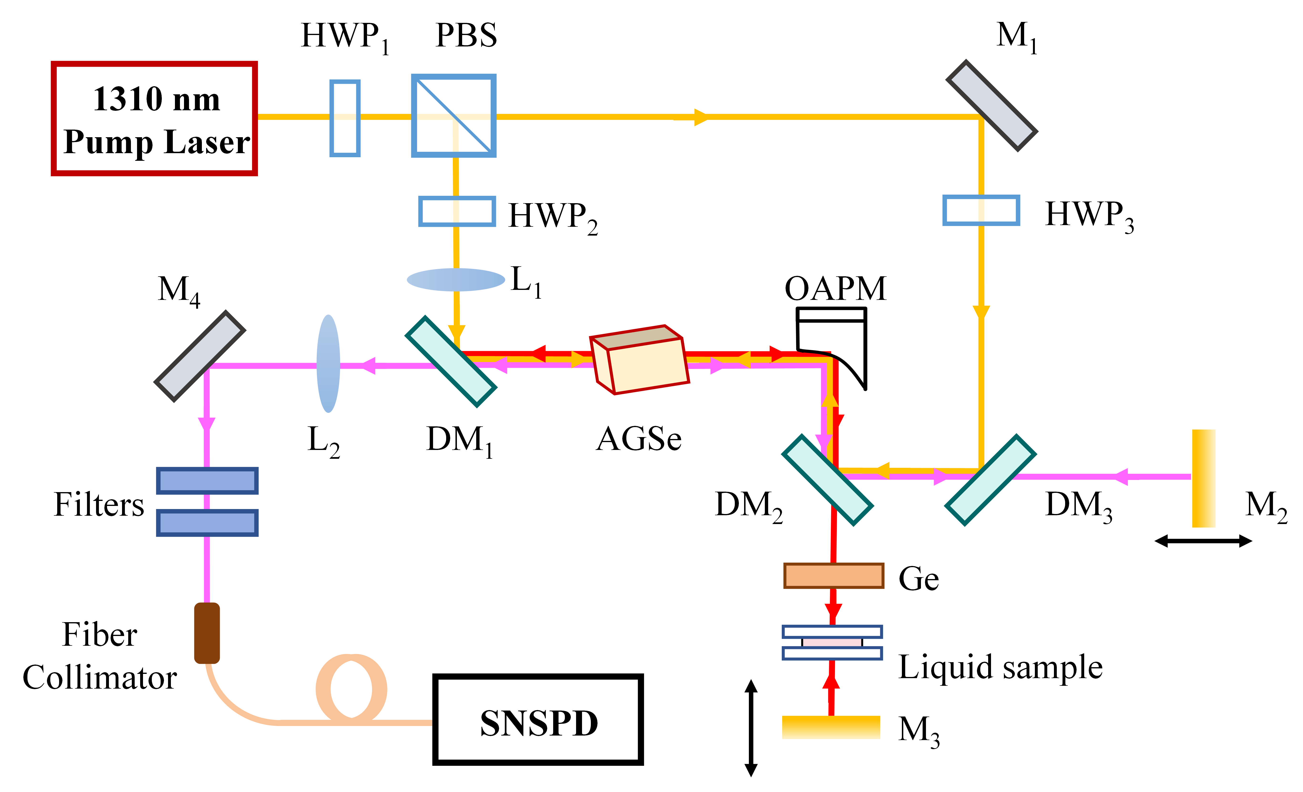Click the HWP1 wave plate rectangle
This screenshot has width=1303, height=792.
(345, 118)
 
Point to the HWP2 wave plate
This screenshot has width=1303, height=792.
(457, 211)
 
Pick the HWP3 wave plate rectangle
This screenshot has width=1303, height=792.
(981, 210)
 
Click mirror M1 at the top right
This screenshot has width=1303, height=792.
(991, 106)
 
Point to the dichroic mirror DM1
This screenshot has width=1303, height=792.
(450, 361)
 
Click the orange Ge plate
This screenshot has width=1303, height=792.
(833, 575)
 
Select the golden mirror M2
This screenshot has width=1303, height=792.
(1204, 478)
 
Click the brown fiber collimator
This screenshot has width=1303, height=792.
(207, 633)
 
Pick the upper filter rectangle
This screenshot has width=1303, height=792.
(207, 481)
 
